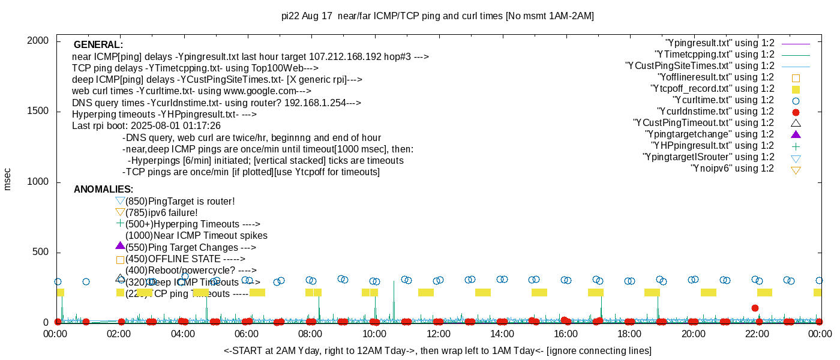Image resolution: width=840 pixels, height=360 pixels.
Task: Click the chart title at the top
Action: pyautogui.click(x=437, y=16)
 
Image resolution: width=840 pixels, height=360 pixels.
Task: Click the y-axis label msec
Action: pyautogui.click(x=7, y=179)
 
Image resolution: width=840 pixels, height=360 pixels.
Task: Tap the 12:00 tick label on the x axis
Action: pyautogui.click(x=438, y=334)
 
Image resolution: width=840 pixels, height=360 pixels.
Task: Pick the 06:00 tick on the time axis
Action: pyautogui.click(x=247, y=334)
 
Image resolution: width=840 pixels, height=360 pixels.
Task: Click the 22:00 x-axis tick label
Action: pyautogui.click(x=757, y=334)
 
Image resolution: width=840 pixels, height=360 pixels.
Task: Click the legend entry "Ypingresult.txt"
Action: pyautogui.click(x=720, y=43)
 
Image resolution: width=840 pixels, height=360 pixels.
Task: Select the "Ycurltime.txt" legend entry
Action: pyautogui.click(x=724, y=100)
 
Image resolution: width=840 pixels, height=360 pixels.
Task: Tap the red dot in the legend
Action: pyautogui.click(x=796, y=112)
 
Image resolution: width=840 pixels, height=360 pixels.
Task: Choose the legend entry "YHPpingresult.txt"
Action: pyautogui.click(x=713, y=146)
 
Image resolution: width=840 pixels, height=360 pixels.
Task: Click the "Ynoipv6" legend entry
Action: pyautogui.click(x=732, y=169)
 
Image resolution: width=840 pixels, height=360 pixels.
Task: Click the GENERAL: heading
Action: pyautogui.click(x=98, y=45)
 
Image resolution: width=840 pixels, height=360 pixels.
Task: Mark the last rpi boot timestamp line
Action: pyautogui.click(x=146, y=126)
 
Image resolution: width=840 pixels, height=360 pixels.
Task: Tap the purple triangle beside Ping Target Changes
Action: pyautogui.click(x=120, y=246)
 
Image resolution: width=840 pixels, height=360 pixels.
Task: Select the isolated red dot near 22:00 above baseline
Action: pyautogui.click(x=755, y=308)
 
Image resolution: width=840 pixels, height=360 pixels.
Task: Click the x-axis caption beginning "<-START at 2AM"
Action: pyautogui.click(x=437, y=350)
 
